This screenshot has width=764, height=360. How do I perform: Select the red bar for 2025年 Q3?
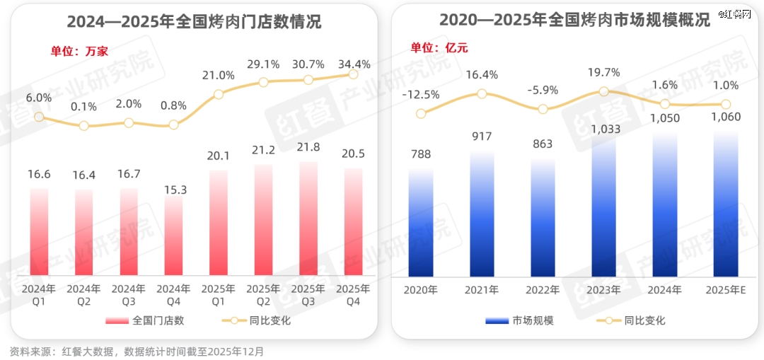[x=308, y=219]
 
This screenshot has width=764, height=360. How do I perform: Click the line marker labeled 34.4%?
[x=354, y=74]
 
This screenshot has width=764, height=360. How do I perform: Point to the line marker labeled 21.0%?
[x=219, y=94]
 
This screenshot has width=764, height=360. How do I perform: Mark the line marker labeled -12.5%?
[x=421, y=113]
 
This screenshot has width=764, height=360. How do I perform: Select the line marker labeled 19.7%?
[x=603, y=91]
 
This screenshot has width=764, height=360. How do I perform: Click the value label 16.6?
[x=39, y=174]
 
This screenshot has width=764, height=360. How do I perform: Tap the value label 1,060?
[x=725, y=117]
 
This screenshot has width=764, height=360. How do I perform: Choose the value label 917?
[x=482, y=136]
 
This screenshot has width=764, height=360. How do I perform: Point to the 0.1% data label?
[x=83, y=107]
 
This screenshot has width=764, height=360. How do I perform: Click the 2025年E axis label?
[x=725, y=290]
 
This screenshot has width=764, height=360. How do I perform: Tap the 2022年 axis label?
[x=543, y=290]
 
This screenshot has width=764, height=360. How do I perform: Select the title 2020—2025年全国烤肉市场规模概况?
[x=574, y=21]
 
